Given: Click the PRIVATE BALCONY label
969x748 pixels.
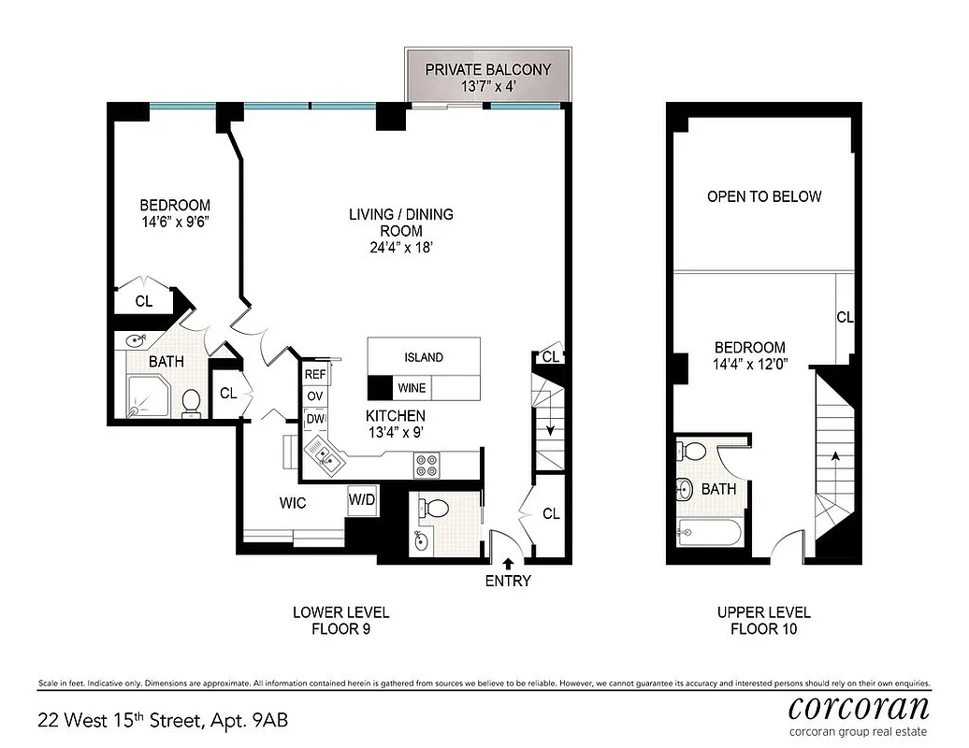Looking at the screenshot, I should point(487,69).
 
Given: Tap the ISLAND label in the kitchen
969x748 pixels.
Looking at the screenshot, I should point(424,357).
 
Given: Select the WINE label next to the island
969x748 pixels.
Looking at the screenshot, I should point(412,387).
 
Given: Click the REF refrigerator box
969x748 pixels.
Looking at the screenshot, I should point(315,374).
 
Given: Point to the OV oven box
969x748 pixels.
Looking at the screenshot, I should point(314,396).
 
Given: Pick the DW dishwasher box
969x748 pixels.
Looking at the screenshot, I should point(314,420).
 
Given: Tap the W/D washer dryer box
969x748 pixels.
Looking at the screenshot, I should point(362,500).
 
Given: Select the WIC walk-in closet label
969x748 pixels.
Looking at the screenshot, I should point(293,503).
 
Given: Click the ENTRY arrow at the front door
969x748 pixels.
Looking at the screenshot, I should point(508,563).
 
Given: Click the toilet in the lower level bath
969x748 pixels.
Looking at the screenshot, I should point(192,402).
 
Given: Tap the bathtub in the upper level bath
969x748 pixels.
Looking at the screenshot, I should point(708,534).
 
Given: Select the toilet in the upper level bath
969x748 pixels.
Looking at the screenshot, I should point(693,452).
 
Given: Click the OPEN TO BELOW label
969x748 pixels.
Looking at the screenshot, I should point(764,196).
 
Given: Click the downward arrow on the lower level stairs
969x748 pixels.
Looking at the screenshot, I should point(551,429).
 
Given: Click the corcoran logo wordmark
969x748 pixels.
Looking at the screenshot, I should point(859,705).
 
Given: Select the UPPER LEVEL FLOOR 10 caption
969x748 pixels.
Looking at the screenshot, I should point(764,621).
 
